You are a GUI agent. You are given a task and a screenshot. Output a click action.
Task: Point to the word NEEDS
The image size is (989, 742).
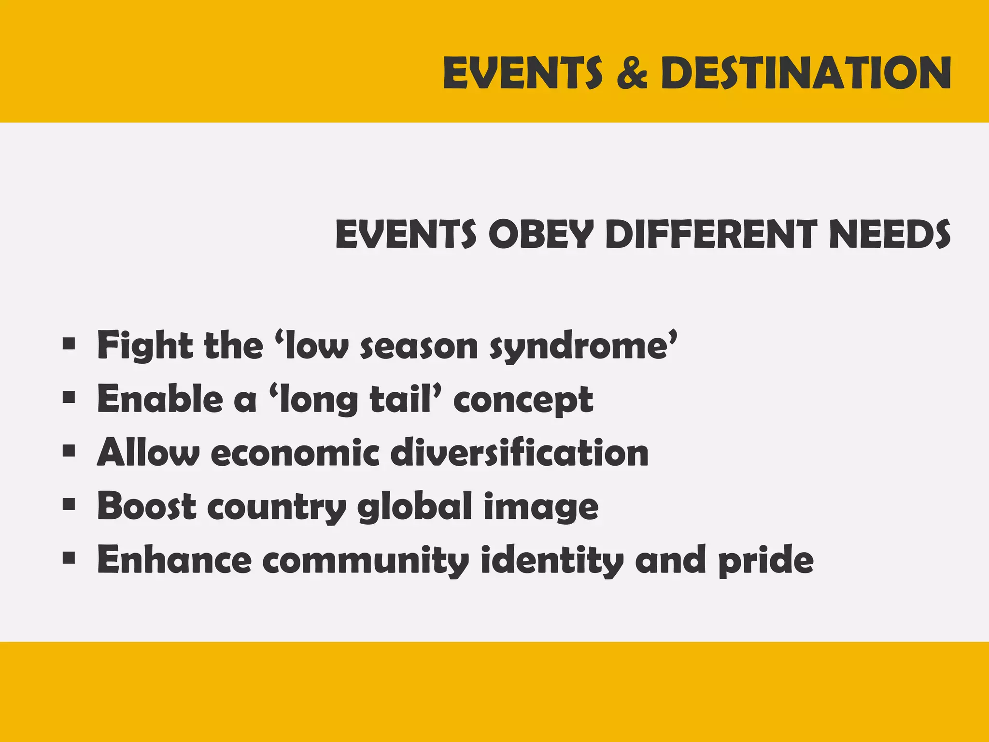(x=890, y=234)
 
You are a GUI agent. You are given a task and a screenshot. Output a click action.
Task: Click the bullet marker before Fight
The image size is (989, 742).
(x=69, y=345)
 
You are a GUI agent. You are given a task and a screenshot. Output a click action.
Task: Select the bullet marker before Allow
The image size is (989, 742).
(x=69, y=452)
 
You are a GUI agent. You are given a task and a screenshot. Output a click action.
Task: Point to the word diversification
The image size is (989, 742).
(x=519, y=453)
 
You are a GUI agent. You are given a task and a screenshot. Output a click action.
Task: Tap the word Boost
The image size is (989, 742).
(x=147, y=506)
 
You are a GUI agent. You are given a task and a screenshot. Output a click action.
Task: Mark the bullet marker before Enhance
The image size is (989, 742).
(x=69, y=559)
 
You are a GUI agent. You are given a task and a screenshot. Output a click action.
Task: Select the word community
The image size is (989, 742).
(x=366, y=560)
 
